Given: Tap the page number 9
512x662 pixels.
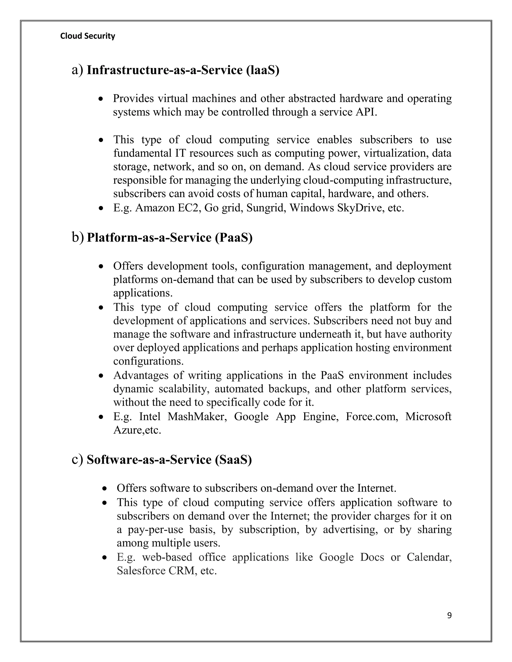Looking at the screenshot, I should pos(449,615).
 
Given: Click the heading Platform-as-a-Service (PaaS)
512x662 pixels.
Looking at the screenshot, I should pos(169,237).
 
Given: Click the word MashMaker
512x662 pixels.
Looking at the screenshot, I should pos(197,416).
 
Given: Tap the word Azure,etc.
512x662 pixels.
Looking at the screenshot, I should pos(137,430).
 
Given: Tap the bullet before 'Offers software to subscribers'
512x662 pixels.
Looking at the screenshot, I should pos(105,488).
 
